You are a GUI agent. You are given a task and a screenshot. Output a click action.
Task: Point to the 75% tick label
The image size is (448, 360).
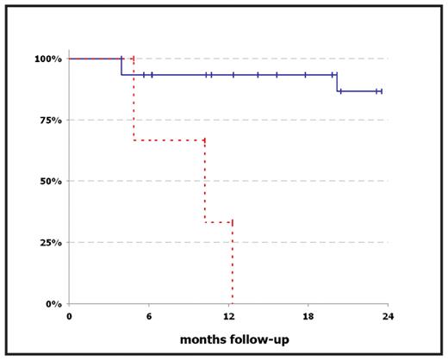(x=47, y=120)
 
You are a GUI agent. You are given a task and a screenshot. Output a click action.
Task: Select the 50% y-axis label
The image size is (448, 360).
(x=47, y=181)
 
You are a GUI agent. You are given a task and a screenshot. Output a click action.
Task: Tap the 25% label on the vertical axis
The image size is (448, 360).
(x=47, y=243)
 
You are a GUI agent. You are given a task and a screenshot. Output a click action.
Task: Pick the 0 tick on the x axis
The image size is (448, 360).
(x=69, y=317)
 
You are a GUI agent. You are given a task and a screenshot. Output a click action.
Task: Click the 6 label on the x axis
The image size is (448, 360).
(x=148, y=317)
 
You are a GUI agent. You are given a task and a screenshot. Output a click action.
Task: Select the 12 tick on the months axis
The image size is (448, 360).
(x=228, y=317)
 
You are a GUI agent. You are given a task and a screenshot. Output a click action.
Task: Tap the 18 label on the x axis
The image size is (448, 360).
(x=308, y=317)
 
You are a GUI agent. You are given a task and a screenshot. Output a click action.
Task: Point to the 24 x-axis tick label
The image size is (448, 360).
(x=387, y=317)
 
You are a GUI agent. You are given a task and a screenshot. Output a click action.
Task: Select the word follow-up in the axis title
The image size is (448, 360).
(x=261, y=339)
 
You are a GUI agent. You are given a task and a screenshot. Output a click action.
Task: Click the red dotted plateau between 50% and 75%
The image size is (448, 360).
(x=169, y=140)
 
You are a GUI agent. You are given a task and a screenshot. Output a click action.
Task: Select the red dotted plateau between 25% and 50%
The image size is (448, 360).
(x=218, y=222)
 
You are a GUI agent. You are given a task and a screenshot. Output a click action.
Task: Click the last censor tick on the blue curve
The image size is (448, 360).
(x=380, y=91)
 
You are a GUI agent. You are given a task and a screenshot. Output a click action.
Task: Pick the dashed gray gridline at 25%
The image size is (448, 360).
(x=310, y=243)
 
